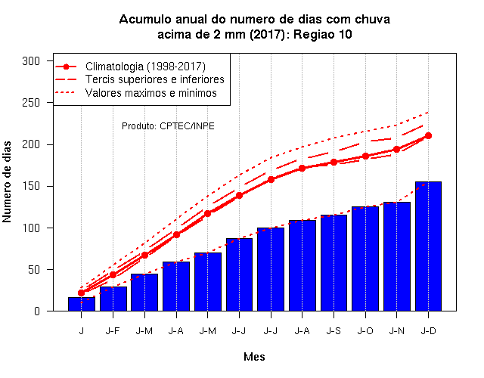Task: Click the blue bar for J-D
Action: click(x=428, y=246)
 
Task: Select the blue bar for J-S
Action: click(x=334, y=263)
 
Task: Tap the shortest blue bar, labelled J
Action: click(x=82, y=304)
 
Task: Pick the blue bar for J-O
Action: click(x=365, y=259)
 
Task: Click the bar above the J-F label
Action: click(x=113, y=299)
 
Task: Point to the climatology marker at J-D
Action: click(x=428, y=136)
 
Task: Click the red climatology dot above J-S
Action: click(x=334, y=162)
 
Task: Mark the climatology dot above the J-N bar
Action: click(x=396, y=150)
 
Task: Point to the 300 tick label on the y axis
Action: click(x=31, y=61)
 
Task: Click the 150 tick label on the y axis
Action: click(x=31, y=187)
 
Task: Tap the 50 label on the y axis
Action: click(x=34, y=270)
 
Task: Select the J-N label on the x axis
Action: click(x=396, y=331)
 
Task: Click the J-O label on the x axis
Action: click(x=365, y=331)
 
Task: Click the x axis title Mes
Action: click(x=254, y=357)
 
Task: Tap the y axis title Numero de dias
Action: click(x=7, y=182)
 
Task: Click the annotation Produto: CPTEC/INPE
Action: click(x=168, y=126)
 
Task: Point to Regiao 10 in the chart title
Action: click(x=323, y=34)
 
